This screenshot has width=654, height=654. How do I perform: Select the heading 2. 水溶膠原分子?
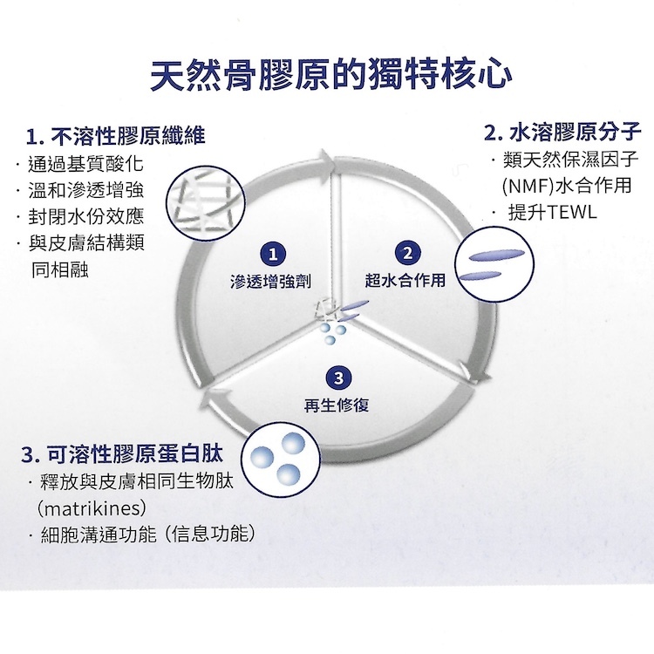click(x=562, y=133)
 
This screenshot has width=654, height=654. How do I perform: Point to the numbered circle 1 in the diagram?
click(x=275, y=255)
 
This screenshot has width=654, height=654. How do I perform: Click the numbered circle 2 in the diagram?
click(x=406, y=254)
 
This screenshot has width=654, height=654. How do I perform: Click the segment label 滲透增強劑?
click(x=271, y=282)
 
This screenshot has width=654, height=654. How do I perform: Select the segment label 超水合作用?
click(x=405, y=281)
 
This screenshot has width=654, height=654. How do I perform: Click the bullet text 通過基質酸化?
click(x=84, y=164)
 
